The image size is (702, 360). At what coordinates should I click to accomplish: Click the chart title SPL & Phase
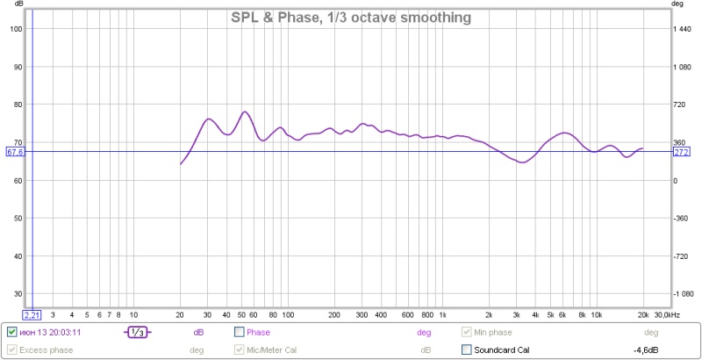point(351,18)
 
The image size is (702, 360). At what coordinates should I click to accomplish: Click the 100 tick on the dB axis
point(15,29)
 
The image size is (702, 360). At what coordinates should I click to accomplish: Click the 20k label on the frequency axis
point(643,313)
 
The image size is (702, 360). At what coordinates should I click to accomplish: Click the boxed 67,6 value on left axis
point(15,152)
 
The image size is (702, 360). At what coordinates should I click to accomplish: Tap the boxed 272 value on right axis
point(680,152)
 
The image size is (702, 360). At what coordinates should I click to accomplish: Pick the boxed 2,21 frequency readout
point(32,313)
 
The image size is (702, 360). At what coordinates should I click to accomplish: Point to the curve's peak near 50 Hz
point(245,112)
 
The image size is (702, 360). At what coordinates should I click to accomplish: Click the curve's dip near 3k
point(522,162)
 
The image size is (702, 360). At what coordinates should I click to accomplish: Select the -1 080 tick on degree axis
point(683,293)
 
